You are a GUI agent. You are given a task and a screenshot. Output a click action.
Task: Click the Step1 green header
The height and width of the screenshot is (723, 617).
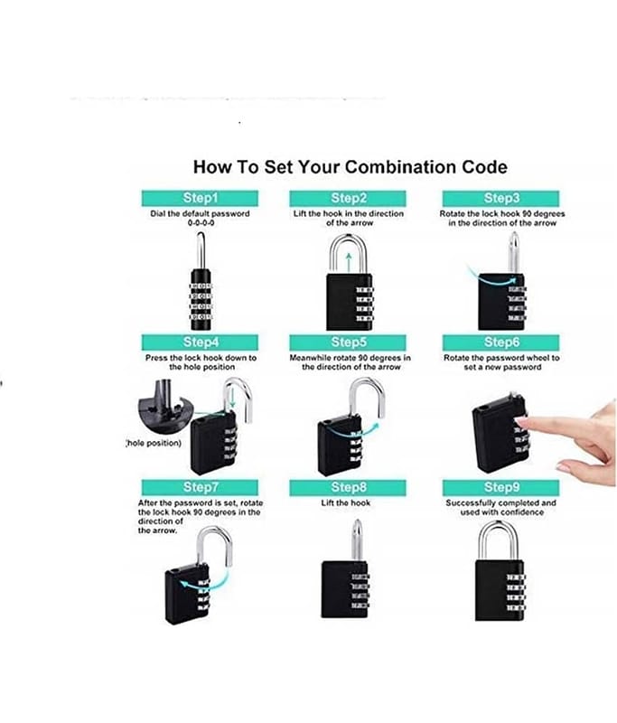(200, 198)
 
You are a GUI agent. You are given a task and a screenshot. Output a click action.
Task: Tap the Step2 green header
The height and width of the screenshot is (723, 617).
(348, 198)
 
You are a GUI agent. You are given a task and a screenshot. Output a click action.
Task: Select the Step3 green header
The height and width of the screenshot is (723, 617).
(500, 198)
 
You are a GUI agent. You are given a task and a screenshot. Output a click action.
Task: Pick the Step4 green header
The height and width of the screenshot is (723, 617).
(200, 343)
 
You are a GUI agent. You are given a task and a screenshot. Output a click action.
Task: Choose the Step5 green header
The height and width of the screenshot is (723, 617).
(348, 343)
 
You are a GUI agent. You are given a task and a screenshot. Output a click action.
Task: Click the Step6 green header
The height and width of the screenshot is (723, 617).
(500, 343)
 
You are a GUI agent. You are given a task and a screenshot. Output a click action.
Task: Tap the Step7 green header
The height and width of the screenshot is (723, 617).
(200, 487)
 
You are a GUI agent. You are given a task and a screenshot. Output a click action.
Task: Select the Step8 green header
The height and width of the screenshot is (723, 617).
(348, 487)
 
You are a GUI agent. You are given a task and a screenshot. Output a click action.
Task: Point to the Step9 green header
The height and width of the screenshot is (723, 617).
(500, 487)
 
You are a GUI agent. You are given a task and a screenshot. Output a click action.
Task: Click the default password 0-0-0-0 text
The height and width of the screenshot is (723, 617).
(201, 222)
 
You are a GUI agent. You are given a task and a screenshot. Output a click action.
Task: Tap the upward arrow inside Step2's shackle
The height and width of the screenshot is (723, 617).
(349, 262)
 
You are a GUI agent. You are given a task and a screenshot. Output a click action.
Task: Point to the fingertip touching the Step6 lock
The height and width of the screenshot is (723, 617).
(518, 420)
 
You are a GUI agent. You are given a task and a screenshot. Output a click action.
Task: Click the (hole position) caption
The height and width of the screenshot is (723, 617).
(154, 443)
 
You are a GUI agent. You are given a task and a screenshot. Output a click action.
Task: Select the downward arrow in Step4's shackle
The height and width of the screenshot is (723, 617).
(232, 397)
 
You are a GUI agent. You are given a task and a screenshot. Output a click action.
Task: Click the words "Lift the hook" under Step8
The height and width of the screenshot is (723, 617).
(346, 503)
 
